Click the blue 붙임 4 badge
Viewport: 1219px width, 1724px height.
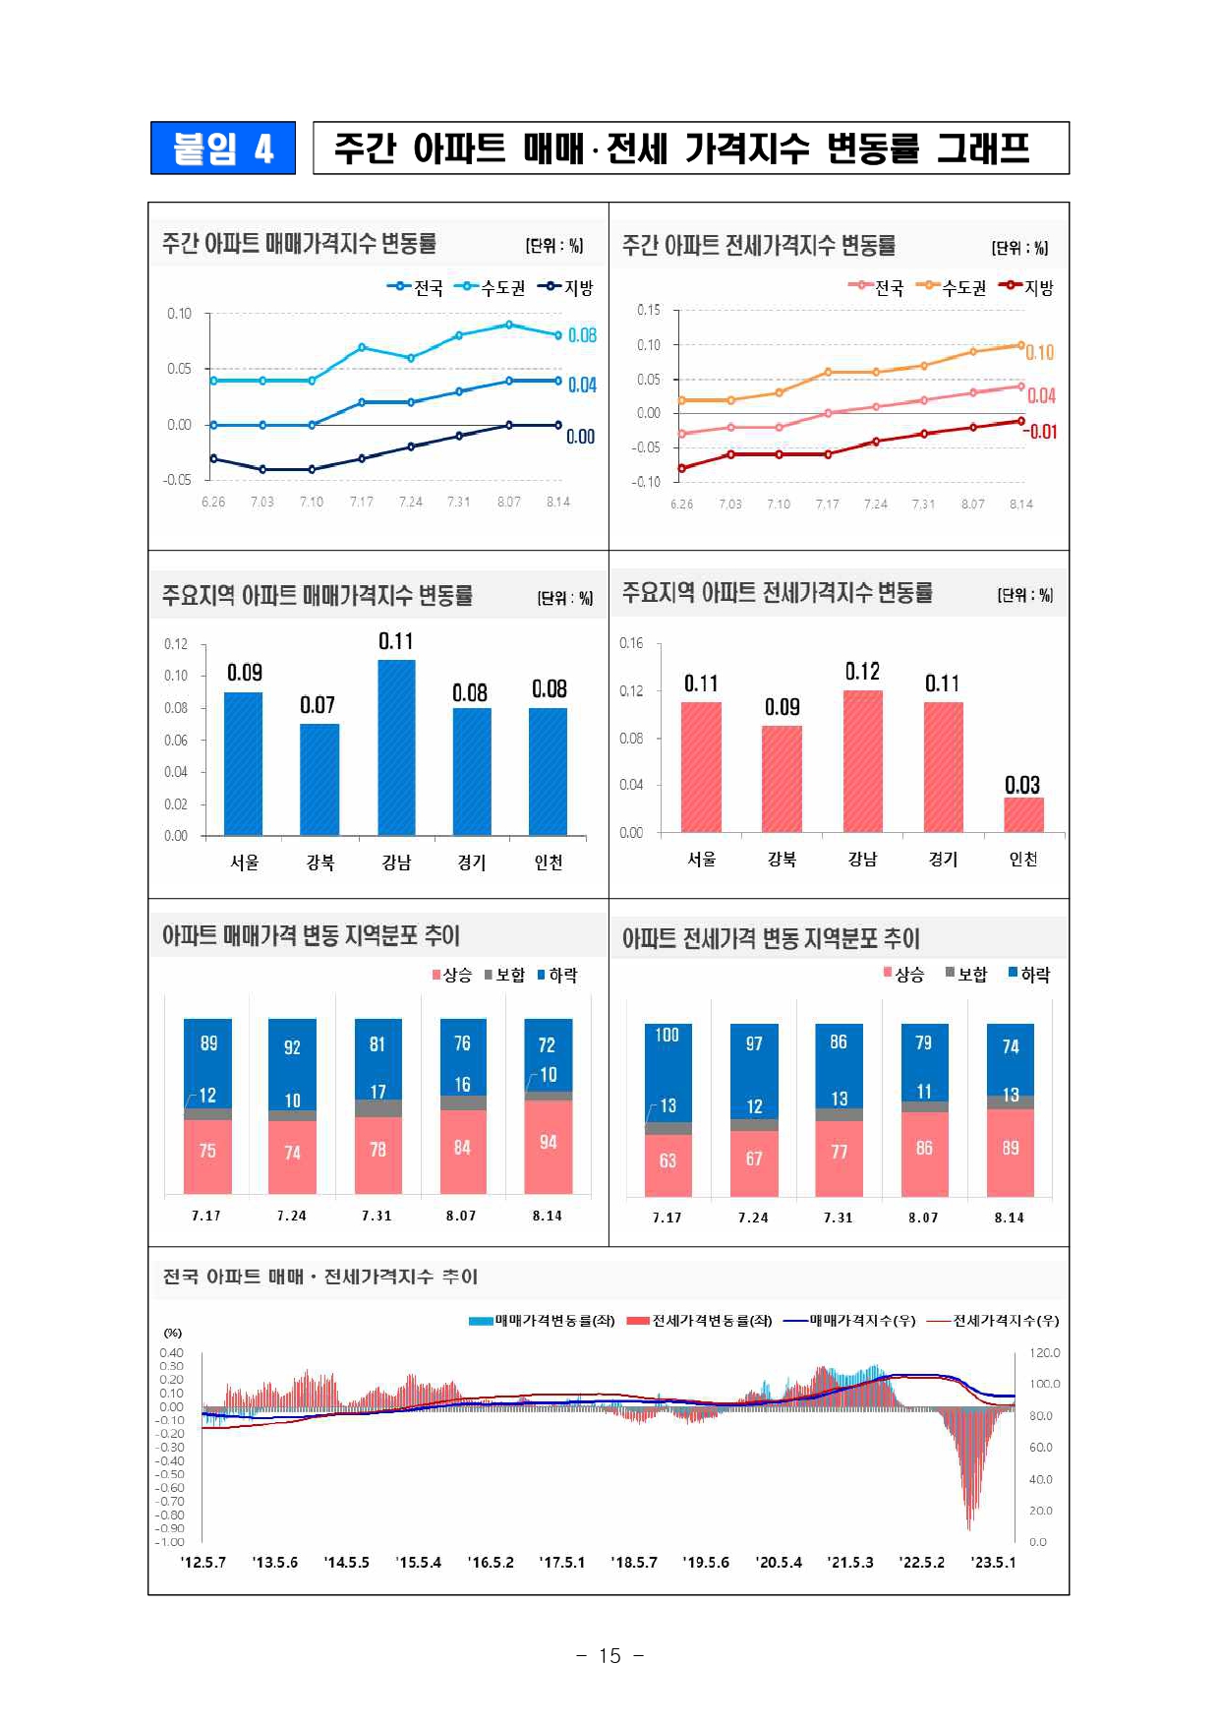tap(223, 149)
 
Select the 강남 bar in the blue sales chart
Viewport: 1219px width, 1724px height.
tap(396, 747)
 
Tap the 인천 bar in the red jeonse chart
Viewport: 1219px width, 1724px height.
tap(1023, 814)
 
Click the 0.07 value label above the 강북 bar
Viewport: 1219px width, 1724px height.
tap(318, 705)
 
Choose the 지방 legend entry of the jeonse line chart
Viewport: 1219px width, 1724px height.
tap(1026, 287)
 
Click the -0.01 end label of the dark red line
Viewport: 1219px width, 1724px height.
tap(1040, 432)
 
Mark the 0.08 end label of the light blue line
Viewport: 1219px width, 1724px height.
tap(582, 335)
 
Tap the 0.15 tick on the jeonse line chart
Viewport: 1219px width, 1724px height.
tap(649, 310)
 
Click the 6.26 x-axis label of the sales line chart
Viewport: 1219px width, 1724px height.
tap(213, 502)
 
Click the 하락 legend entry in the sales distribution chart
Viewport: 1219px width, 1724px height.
tap(557, 975)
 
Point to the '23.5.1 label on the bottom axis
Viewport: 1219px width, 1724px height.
tap(993, 1562)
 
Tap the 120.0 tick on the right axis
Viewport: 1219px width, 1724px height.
tap(1044, 1353)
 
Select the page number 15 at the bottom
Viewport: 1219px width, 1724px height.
tap(609, 1655)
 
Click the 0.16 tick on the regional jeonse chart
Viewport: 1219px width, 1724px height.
tap(631, 643)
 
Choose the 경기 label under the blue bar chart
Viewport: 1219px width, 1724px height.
tap(472, 862)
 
